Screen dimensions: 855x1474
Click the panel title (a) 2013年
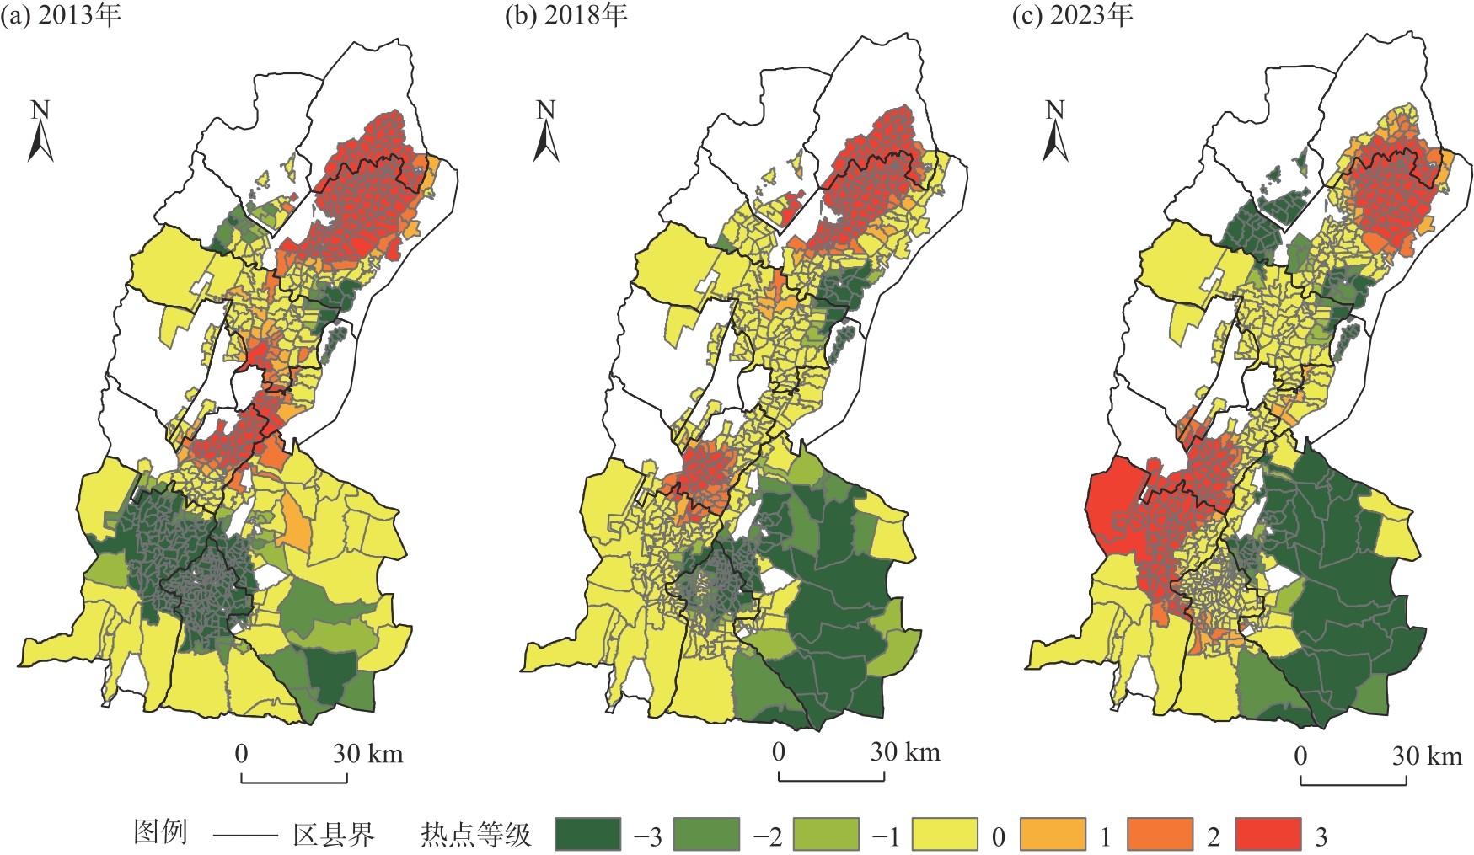click(61, 16)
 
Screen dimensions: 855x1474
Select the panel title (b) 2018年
click(565, 16)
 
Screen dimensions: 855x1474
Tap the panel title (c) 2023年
click(1072, 16)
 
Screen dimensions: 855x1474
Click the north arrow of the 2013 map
click(40, 132)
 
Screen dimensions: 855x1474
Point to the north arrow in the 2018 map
click(546, 132)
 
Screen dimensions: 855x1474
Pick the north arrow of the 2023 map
click(1054, 132)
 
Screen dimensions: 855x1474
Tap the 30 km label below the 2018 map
click(904, 752)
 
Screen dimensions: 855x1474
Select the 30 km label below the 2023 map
click(1426, 756)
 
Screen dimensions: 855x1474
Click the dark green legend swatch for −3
click(587, 835)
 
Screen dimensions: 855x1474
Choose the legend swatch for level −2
click(707, 835)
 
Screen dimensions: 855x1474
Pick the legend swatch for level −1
click(827, 835)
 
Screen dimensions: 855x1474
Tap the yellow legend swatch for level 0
click(946, 835)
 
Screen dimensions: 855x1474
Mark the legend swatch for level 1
click(1053, 835)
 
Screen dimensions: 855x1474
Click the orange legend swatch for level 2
click(1160, 835)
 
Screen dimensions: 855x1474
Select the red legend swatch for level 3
click(1268, 835)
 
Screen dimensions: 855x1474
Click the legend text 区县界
click(333, 835)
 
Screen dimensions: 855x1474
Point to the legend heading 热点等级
click(476, 835)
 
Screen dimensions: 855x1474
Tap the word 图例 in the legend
click(160, 832)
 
